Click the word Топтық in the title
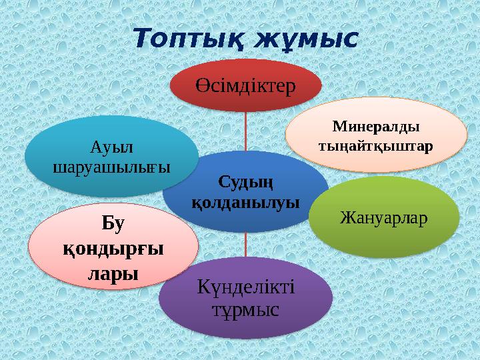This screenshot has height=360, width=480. pos(188,38)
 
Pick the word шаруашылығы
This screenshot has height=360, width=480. pos(111,165)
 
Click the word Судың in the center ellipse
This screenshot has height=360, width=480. pos(246,182)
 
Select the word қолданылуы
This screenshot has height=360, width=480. pos(246,201)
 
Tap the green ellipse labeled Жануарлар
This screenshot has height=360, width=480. pos(383,217)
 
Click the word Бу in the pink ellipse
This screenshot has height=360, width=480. pos(115,225)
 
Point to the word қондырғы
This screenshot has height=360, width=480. pos(114,249)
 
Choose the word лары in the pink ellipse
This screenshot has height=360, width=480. pos(114,273)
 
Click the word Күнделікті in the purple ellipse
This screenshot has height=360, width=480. pos(246,287)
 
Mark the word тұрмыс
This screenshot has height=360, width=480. pos(246,309)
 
